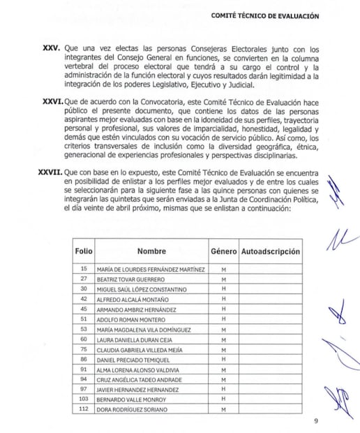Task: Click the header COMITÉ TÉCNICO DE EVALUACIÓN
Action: click(x=269, y=15)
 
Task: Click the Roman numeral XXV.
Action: click(x=52, y=49)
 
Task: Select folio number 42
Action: click(x=84, y=299)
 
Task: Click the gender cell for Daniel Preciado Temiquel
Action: click(x=224, y=359)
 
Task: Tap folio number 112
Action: click(x=84, y=409)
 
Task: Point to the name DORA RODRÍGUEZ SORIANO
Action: click(x=133, y=409)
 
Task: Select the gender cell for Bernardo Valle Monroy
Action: click(x=224, y=399)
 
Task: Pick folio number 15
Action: click(x=84, y=269)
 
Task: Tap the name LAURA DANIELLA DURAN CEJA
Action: click(x=135, y=339)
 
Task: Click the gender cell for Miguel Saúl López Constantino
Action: click(x=224, y=289)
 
